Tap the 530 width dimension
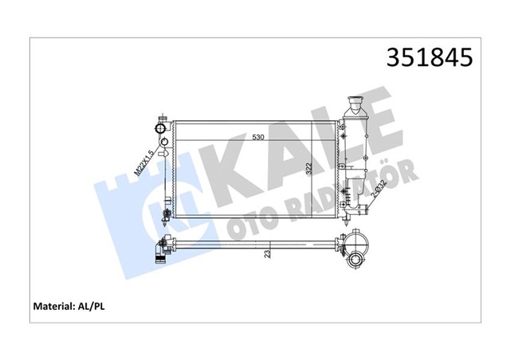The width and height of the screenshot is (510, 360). tap(257, 138)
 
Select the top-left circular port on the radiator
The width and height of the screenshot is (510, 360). tap(163, 127)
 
